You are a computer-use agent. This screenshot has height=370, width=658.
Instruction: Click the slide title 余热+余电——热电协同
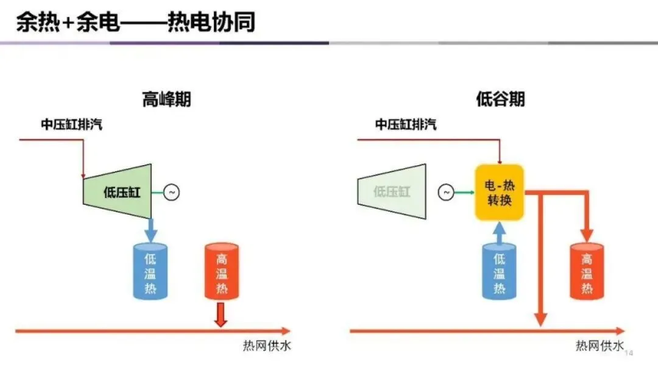coord(135,23)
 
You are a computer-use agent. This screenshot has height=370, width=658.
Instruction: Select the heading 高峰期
coord(166,99)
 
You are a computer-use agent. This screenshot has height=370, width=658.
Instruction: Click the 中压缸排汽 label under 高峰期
coord(71,125)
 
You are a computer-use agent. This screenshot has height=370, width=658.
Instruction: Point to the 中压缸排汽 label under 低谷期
coord(405,125)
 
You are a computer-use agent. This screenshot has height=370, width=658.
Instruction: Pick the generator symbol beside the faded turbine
coord(446,193)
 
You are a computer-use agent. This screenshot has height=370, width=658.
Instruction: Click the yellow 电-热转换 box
coord(499,193)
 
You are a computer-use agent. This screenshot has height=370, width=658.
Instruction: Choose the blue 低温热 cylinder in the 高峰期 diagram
coord(150,271)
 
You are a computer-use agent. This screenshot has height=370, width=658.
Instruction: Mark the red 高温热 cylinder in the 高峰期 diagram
coord(222,271)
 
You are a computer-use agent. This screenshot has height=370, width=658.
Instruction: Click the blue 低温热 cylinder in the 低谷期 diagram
coord(499,271)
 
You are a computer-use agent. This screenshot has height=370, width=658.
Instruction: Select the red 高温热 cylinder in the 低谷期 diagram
coord(587,271)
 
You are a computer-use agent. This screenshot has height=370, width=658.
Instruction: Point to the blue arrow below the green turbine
coord(150,230)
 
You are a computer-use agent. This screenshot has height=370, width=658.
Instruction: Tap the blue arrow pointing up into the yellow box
coord(499,232)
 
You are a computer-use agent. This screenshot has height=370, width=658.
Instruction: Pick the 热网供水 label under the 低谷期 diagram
coord(600,346)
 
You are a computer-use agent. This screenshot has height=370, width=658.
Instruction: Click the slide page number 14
coord(630,354)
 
